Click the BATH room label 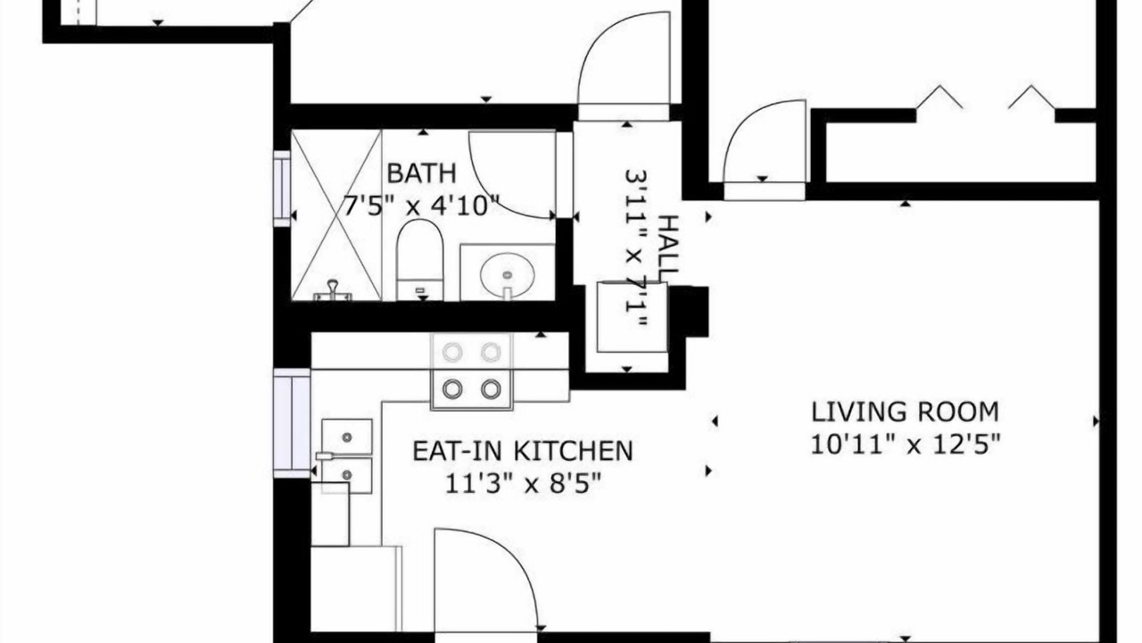pos(422,173)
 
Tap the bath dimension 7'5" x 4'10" pos(420,205)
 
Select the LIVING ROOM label pos(905,413)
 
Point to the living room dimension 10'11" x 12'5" pos(906,445)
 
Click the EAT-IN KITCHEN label pos(523,451)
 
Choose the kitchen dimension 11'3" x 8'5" pos(523,483)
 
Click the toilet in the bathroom pos(419,260)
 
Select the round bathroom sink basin pos(508,274)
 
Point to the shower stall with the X pos(336,215)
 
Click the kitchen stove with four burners pos(472,371)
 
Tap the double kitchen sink pos(347,456)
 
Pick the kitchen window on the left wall pos(292,423)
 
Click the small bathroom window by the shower pos(282,188)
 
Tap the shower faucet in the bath pos(333,291)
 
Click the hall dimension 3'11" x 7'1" pos(636,248)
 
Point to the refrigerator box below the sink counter pos(356,589)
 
